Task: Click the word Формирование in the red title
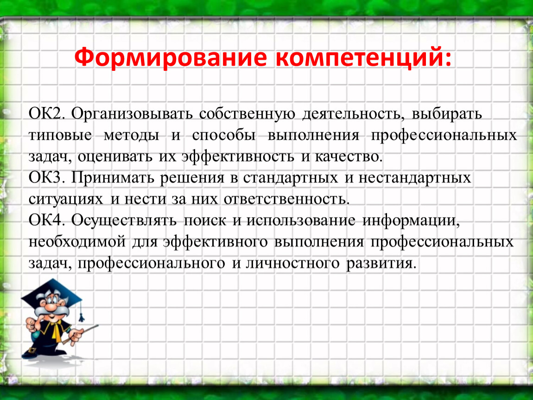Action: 170,58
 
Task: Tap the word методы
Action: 131,136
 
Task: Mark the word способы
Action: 224,136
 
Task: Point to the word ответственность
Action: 286,200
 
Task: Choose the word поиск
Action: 205,221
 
